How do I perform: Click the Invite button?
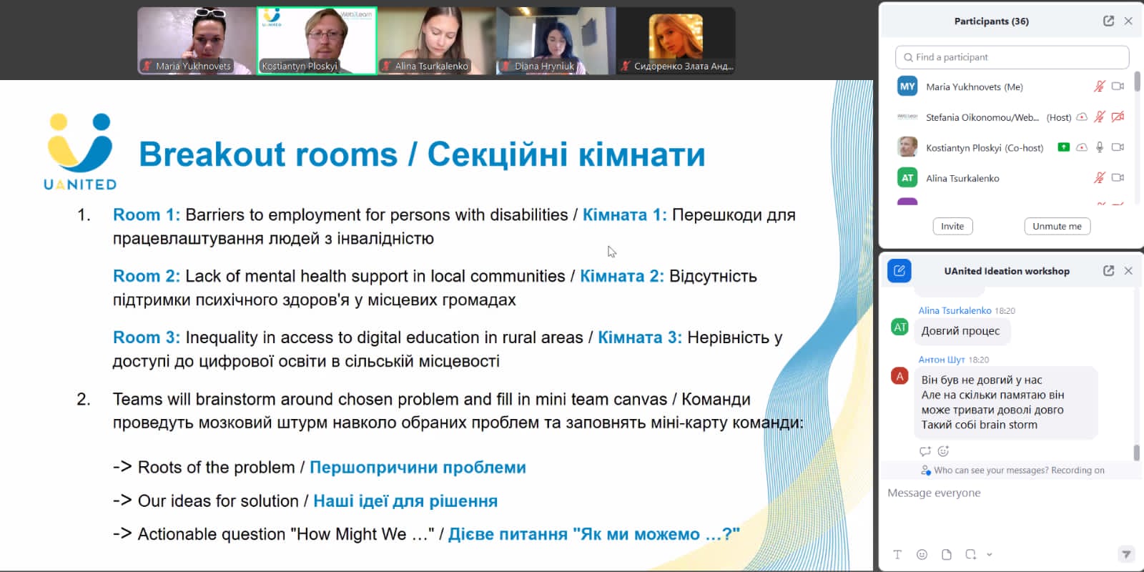[952, 226]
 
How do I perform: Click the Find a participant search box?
[1012, 57]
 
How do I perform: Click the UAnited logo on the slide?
[80, 152]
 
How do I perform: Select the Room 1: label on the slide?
[147, 215]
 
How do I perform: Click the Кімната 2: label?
[621, 276]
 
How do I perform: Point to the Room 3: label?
[147, 337]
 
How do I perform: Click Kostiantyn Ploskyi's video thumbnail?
[317, 41]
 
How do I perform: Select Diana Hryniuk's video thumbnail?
[556, 41]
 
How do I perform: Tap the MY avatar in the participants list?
[907, 87]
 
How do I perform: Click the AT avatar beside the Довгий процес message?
[899, 327]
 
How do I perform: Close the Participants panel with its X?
[1128, 21]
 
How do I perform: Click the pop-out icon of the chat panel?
[1108, 271]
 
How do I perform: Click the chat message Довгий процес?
[961, 331]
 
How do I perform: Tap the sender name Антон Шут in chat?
[941, 360]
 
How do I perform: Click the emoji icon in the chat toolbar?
[922, 555]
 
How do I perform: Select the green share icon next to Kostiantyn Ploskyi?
[1063, 147]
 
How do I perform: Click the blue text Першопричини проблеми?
[418, 468]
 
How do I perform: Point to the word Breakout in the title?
[212, 154]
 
